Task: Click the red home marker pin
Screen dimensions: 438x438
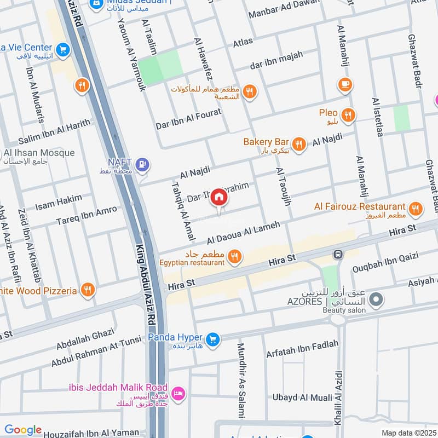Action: click(x=219, y=197)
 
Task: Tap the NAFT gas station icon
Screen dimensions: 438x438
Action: click(x=143, y=163)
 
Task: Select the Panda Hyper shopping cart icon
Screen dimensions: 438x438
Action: click(x=214, y=339)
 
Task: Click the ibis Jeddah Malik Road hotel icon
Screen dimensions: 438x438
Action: click(x=178, y=393)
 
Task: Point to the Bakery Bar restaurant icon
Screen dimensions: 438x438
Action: click(x=298, y=143)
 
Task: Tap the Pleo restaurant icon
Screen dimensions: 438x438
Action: click(x=348, y=115)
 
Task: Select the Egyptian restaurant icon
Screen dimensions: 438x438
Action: click(x=235, y=256)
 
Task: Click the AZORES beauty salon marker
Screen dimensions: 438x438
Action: click(x=376, y=299)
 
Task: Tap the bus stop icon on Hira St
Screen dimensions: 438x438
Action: click(x=338, y=255)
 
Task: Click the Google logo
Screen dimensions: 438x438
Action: click(x=23, y=430)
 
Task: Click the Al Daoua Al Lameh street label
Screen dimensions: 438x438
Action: click(x=244, y=233)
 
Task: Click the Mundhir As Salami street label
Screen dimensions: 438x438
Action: click(x=241, y=381)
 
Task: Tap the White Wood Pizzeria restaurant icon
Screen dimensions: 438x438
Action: click(x=87, y=290)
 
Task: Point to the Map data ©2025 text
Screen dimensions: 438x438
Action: click(x=408, y=433)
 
